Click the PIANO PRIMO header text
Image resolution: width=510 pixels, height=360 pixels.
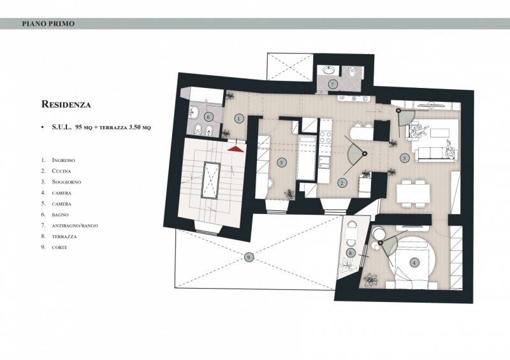click(x=48, y=24)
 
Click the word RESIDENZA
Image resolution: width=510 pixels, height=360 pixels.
click(x=66, y=104)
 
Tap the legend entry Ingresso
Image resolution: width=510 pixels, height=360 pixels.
click(x=63, y=160)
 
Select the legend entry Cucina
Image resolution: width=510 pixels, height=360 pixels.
click(x=61, y=171)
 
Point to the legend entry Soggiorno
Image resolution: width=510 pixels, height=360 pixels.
click(x=66, y=182)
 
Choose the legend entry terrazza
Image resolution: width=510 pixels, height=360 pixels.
click(x=64, y=237)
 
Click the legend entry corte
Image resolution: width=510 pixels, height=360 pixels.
click(x=59, y=247)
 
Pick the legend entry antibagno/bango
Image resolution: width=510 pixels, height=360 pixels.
click(x=75, y=226)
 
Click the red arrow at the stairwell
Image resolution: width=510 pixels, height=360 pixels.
click(x=236, y=148)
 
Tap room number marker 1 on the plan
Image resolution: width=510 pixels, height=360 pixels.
click(x=239, y=119)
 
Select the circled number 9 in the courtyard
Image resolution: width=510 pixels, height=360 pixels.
click(x=249, y=257)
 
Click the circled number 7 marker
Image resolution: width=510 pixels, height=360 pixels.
click(x=333, y=85)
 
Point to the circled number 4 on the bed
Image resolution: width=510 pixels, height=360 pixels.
click(x=414, y=263)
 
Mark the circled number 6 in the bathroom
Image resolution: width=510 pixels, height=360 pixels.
click(x=208, y=117)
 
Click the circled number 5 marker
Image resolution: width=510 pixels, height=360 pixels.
click(x=282, y=162)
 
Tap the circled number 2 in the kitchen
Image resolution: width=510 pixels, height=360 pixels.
click(x=342, y=183)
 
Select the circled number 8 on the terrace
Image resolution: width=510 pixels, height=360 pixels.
click(x=350, y=253)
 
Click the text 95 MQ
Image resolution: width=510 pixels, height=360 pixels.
click(x=84, y=127)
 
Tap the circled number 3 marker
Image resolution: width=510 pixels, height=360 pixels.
click(x=404, y=159)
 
